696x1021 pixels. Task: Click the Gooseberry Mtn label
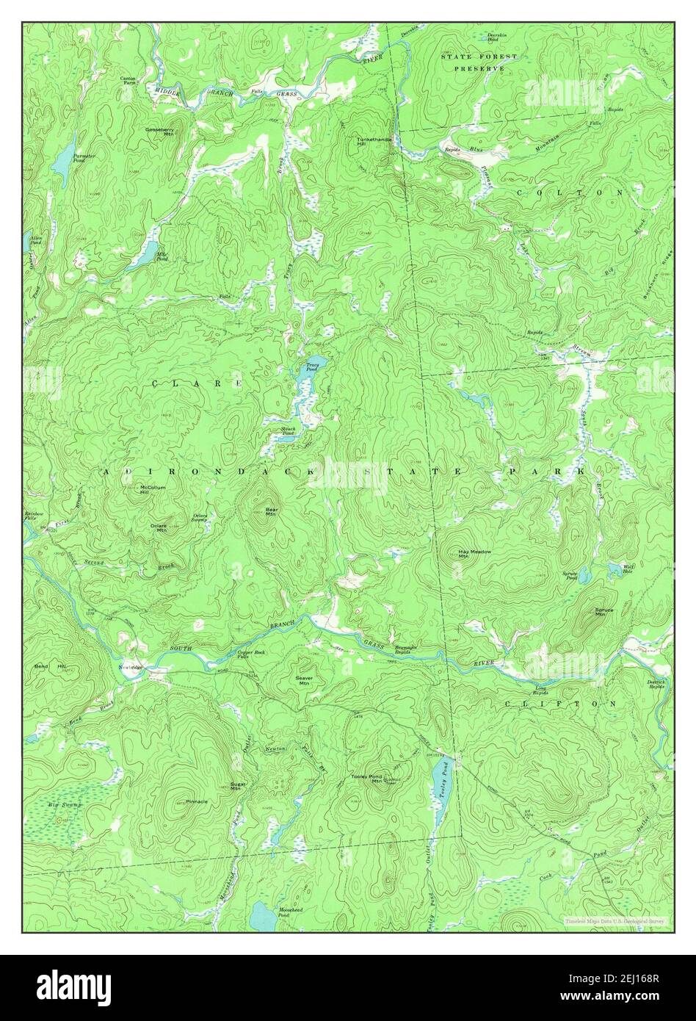(159, 131)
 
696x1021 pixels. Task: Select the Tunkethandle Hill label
(374, 141)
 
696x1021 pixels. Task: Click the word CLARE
(197, 383)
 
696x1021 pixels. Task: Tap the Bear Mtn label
(271, 511)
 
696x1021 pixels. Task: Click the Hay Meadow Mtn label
(474, 553)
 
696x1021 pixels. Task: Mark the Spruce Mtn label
(599, 612)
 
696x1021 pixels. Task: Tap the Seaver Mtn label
(305, 680)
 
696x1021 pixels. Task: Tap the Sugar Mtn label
(236, 787)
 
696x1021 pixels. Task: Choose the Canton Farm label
(129, 81)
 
